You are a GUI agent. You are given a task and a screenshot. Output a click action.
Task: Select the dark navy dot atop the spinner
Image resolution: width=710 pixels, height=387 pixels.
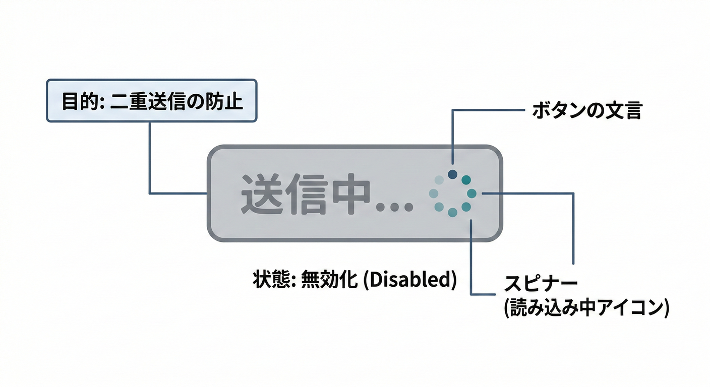point(452,174)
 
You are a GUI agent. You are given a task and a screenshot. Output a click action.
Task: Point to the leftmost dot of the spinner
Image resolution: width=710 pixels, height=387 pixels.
point(433,193)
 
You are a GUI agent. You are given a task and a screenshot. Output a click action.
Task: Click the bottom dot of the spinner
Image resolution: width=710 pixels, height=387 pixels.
point(452,212)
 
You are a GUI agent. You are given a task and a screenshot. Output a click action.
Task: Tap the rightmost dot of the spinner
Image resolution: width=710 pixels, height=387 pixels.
point(471,193)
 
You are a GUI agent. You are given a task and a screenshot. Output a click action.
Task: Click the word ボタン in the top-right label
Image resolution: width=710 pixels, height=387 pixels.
point(557,111)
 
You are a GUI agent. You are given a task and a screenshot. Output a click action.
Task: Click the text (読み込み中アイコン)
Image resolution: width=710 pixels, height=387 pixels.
point(586,307)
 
